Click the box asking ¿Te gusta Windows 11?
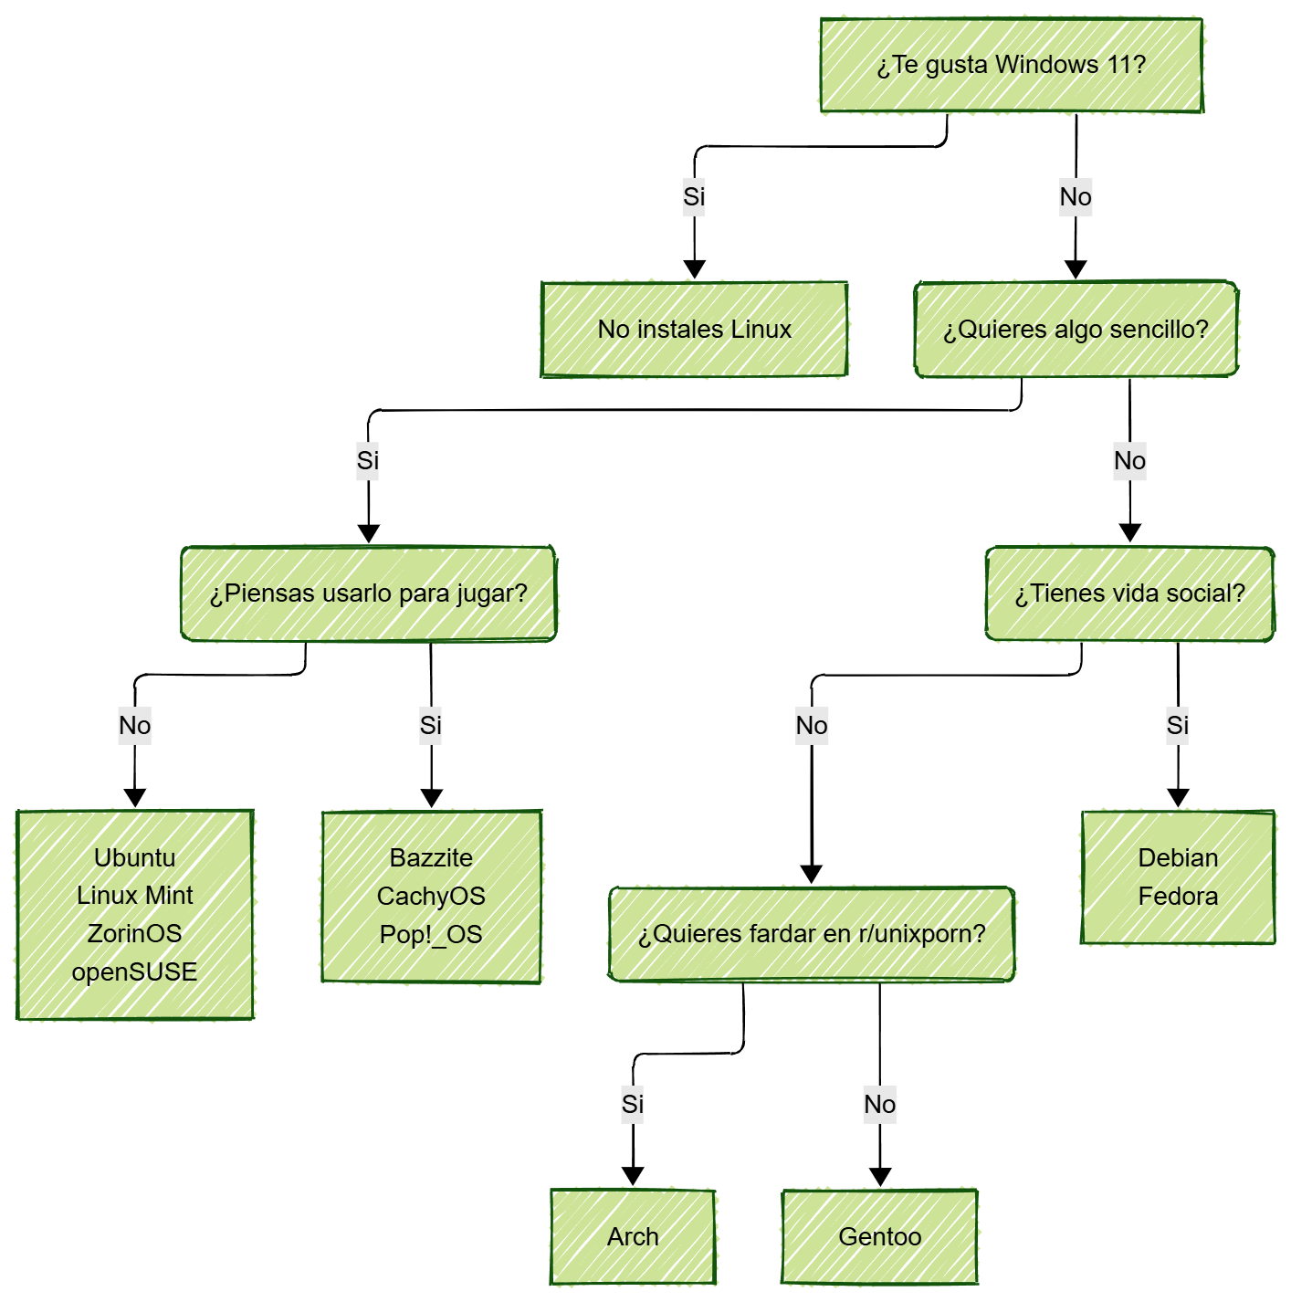pos(1011,66)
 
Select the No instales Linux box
pos(694,330)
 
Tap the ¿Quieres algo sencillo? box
pos(1076,330)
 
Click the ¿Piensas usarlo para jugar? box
pos(368,593)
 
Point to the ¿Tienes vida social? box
pos(1129,593)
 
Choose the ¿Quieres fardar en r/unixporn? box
pos(811,934)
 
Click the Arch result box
pos(633,1236)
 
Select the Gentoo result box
pos(879,1236)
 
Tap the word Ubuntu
pos(134,857)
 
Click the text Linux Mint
pos(134,896)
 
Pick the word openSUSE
pos(134,971)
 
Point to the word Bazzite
pos(431,857)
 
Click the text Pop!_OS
pos(431,934)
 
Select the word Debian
pos(1178,857)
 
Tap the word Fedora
pos(1178,896)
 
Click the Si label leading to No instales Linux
pos(694,196)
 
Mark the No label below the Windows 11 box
pos(1076,196)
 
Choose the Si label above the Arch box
pos(633,1104)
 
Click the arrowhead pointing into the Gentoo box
pos(879,1177)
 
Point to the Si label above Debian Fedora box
pos(1178,725)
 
